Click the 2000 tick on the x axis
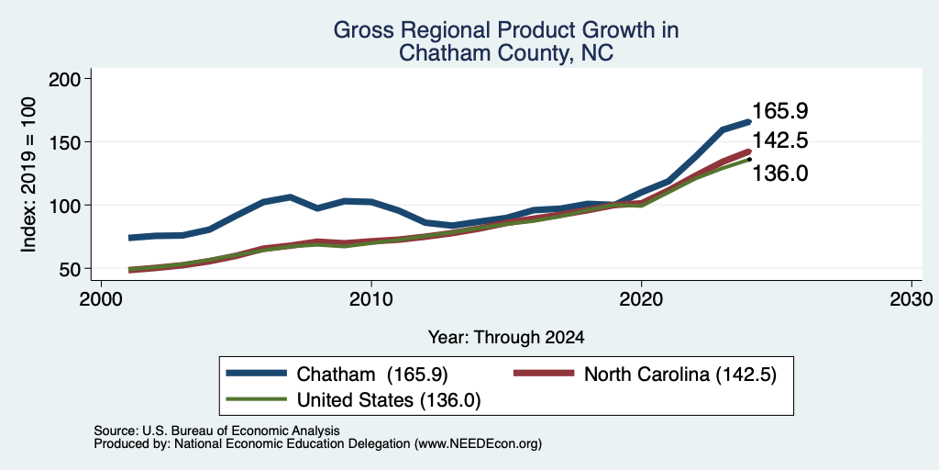(101, 298)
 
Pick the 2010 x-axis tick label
(371, 298)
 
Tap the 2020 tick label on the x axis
(641, 298)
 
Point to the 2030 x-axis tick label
(911, 298)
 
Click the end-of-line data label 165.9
(780, 111)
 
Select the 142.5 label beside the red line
(780, 140)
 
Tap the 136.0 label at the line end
(780, 173)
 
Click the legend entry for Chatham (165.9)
(337, 375)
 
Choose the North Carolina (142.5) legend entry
(645, 375)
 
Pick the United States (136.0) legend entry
(353, 399)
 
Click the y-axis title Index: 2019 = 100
(28, 174)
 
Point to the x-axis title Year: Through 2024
(506, 338)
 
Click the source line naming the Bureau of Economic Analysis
(216, 431)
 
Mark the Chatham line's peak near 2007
(290, 196)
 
